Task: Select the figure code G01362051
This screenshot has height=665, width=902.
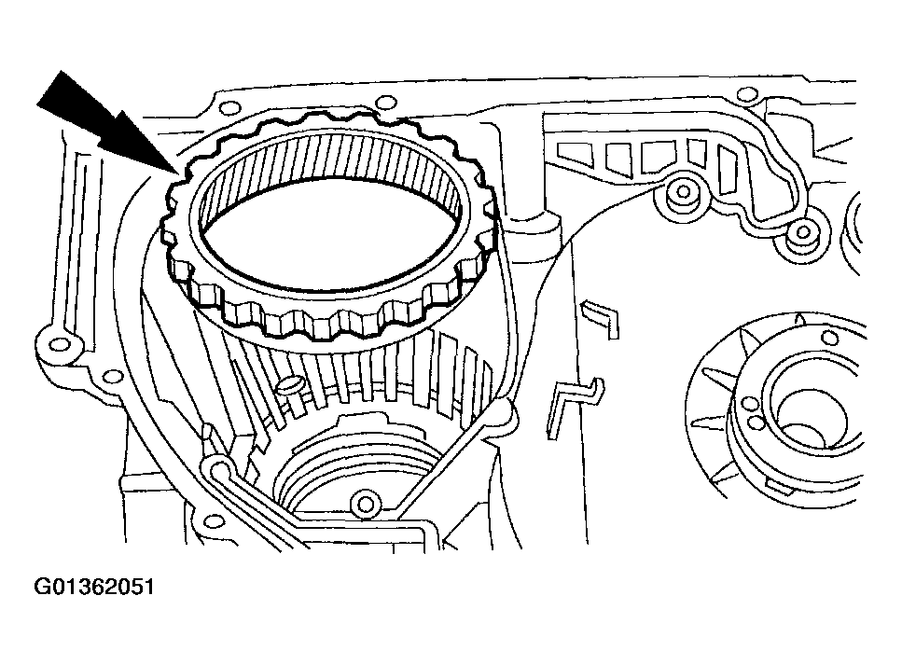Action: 93,588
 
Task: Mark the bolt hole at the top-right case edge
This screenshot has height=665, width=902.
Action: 746,92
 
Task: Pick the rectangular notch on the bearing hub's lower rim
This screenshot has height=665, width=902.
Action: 773,485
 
